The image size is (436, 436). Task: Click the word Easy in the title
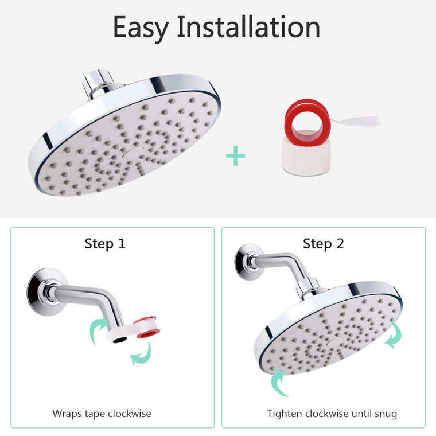tap(141, 29)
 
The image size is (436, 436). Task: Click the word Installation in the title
tap(248, 27)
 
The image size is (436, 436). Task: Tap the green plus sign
tap(236, 155)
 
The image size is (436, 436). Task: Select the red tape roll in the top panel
tap(307, 119)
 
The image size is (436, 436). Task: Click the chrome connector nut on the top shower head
tap(99, 83)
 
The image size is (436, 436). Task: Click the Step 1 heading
tap(105, 244)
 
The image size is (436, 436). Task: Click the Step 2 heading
tap(324, 244)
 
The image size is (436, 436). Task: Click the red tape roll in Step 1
tap(146, 327)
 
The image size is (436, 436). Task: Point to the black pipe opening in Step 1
tap(120, 340)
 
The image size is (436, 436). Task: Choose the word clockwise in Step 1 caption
tap(130, 414)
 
